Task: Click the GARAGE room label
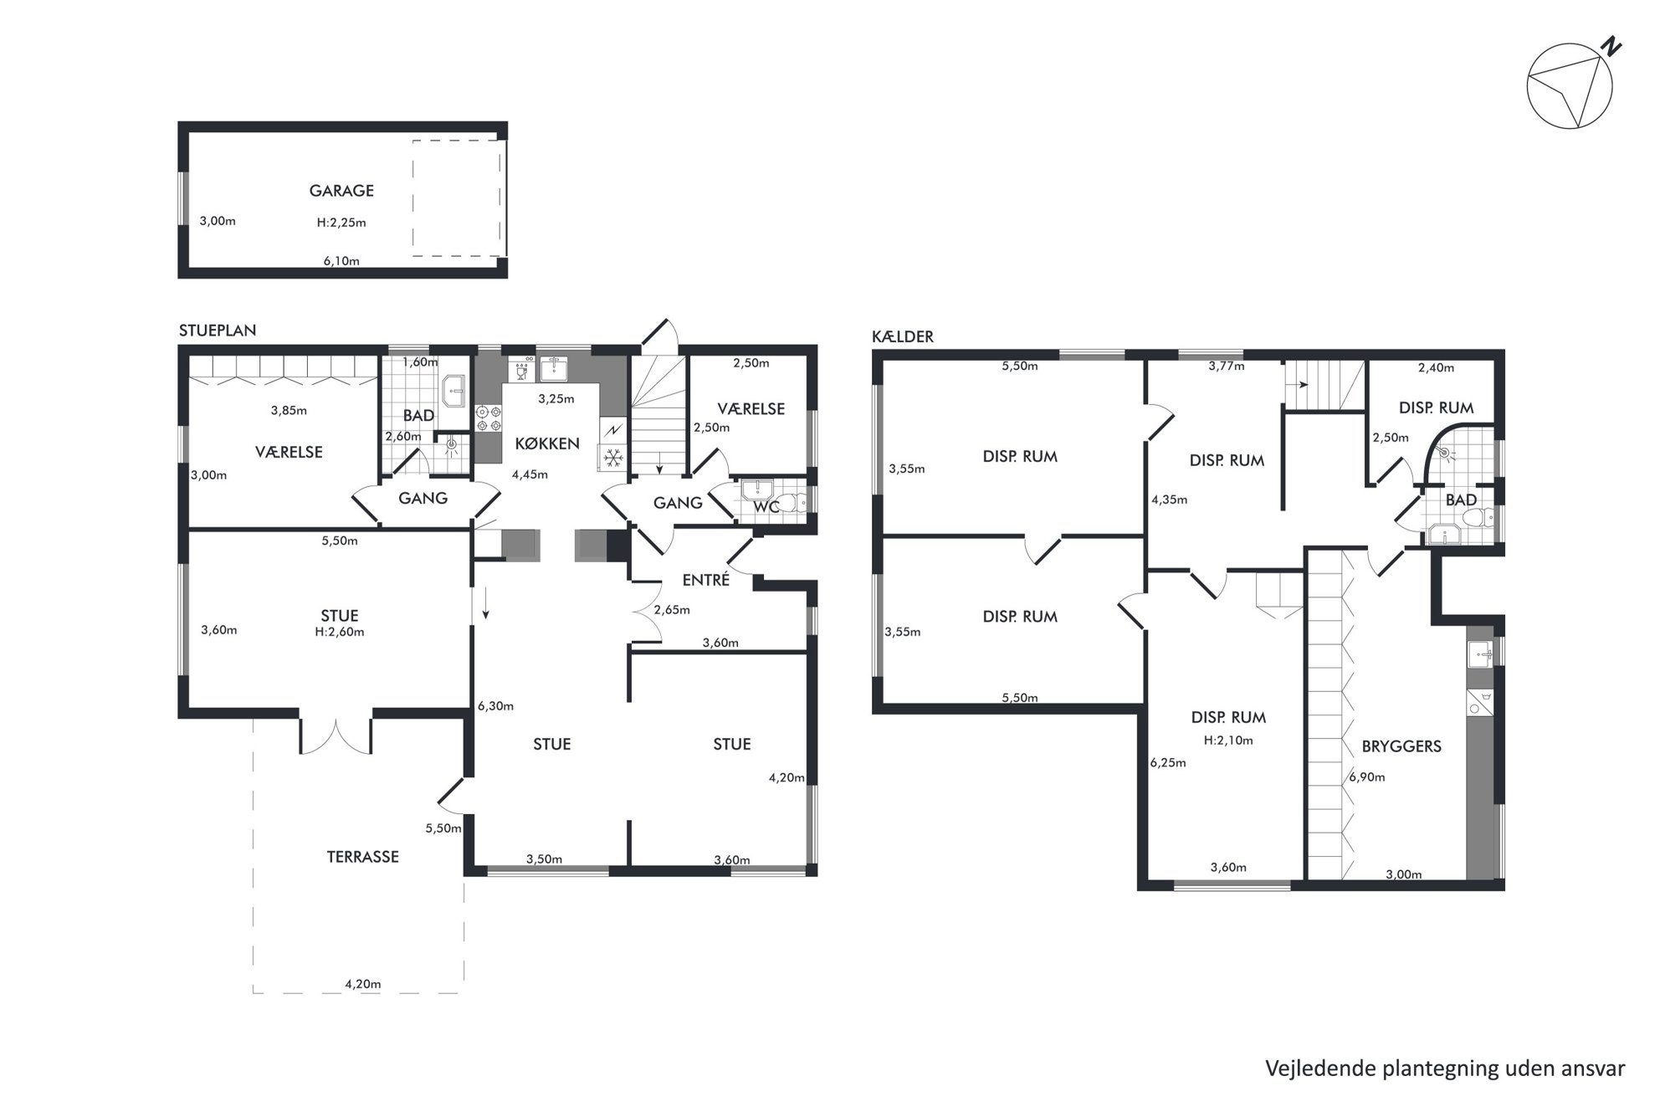[341, 191]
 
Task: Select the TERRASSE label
[362, 857]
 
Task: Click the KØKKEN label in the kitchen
[547, 443]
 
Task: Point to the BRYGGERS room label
[1401, 746]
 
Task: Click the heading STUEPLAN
[218, 331]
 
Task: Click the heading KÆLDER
[903, 336]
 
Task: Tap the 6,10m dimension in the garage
[341, 261]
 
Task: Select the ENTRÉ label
[706, 580]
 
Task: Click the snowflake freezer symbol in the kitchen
[612, 458]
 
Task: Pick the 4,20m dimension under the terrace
[363, 984]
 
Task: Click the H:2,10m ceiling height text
[1228, 741]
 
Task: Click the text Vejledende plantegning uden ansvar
[1445, 1069]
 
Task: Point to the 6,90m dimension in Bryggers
[1367, 777]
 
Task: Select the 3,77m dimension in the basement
[1227, 366]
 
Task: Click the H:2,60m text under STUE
[340, 632]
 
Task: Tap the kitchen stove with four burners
[489, 418]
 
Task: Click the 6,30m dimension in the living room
[495, 706]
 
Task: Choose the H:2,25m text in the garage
[341, 223]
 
